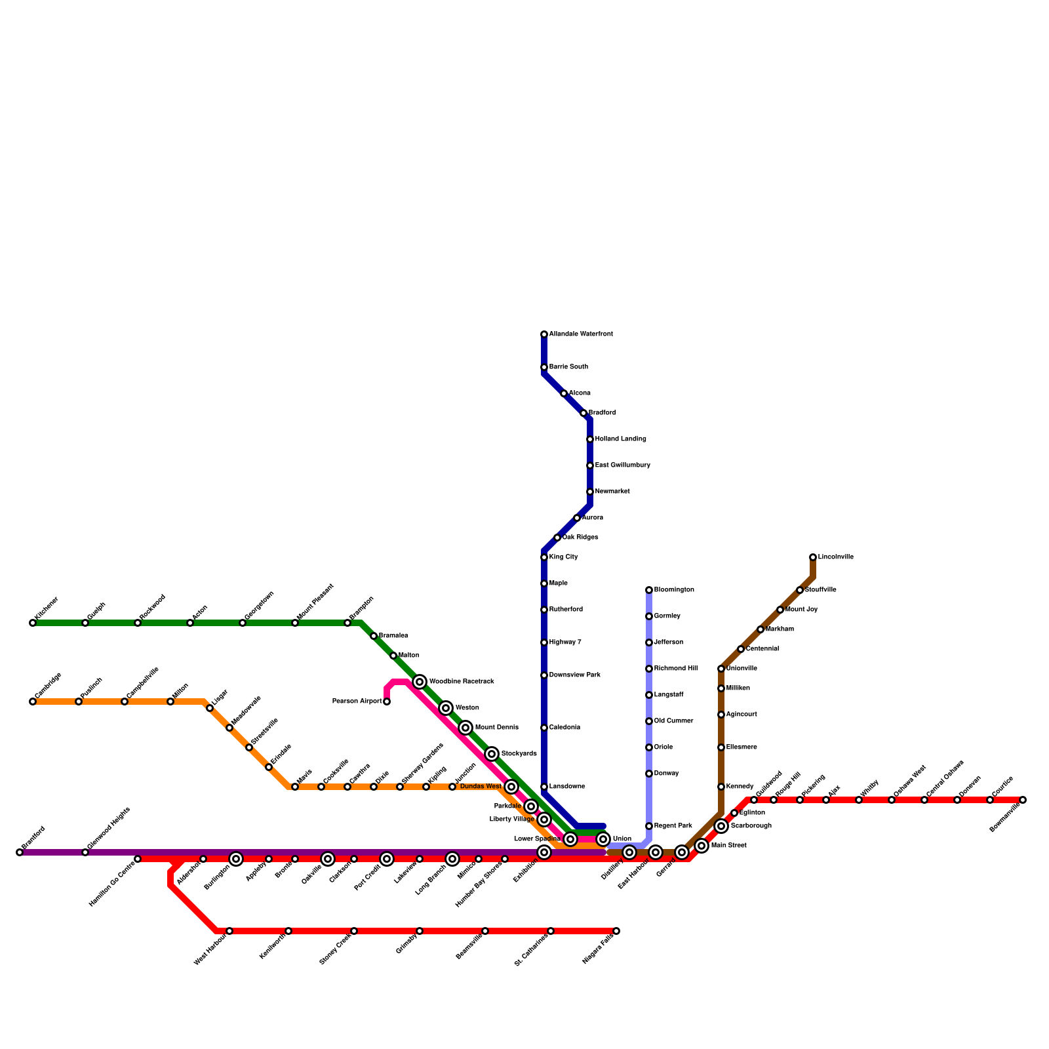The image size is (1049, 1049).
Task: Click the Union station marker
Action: [603, 839]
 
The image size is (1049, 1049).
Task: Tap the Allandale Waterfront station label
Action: [581, 334]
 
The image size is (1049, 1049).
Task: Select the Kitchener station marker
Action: [33, 623]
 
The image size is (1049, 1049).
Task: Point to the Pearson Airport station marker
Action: [387, 702]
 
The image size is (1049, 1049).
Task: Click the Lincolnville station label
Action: [836, 557]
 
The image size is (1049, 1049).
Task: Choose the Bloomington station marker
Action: [649, 590]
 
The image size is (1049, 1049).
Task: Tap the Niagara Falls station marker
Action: [616, 931]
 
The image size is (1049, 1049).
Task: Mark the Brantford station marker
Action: [20, 852]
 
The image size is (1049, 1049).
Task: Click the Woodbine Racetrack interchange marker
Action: [420, 682]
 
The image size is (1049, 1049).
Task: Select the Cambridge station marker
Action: [33, 702]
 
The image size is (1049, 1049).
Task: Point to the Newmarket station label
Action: [612, 492]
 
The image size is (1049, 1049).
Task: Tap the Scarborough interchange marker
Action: [721, 826]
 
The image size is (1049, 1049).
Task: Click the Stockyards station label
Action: [519, 754]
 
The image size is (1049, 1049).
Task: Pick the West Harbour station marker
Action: [229, 931]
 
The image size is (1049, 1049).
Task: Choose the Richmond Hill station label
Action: [676, 669]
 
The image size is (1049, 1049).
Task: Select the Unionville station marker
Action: [721, 669]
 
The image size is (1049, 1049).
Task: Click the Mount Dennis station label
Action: [496, 728]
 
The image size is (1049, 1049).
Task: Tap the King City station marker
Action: [544, 557]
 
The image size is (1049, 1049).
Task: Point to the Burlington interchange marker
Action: [236, 859]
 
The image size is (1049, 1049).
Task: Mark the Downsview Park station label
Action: [575, 675]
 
